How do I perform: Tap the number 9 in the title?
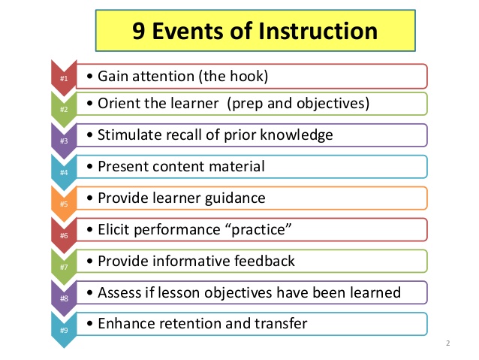139,32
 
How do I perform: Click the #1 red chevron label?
63,78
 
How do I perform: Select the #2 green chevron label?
63,109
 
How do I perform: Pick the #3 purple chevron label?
63,141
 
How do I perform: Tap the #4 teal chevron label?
63,172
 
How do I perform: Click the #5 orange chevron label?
63,203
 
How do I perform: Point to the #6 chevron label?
63,234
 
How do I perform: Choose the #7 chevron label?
63,266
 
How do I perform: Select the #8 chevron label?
63,298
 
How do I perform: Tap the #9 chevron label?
63,328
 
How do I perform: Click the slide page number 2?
447,344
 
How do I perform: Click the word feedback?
267,261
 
